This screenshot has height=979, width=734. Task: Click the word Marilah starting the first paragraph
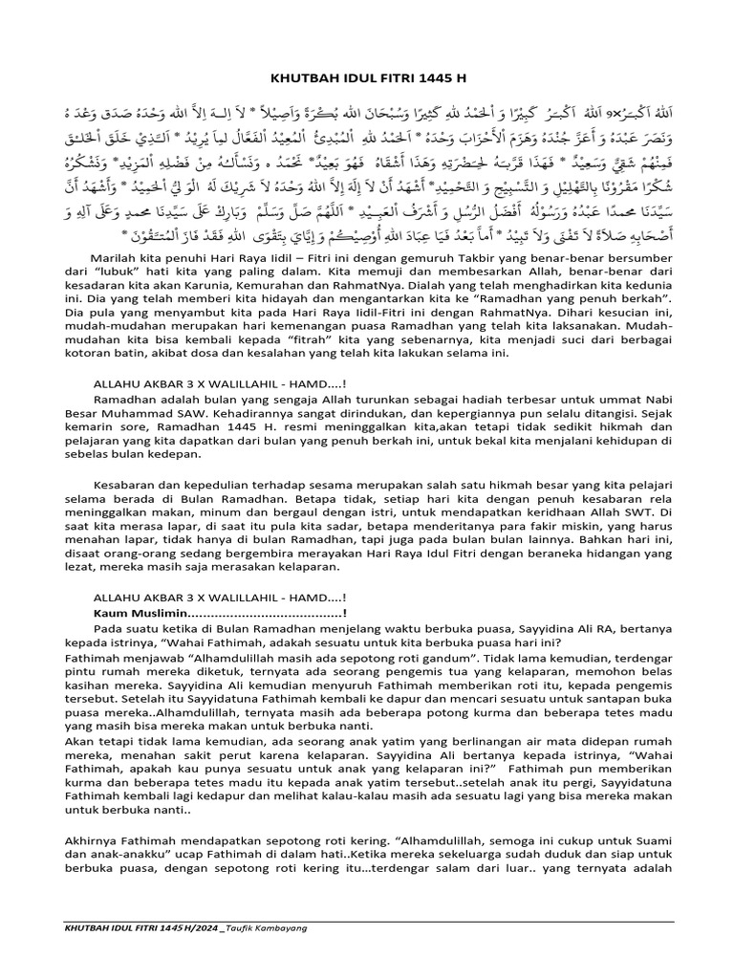click(x=115, y=259)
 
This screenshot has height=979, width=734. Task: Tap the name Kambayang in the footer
click(x=296, y=927)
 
